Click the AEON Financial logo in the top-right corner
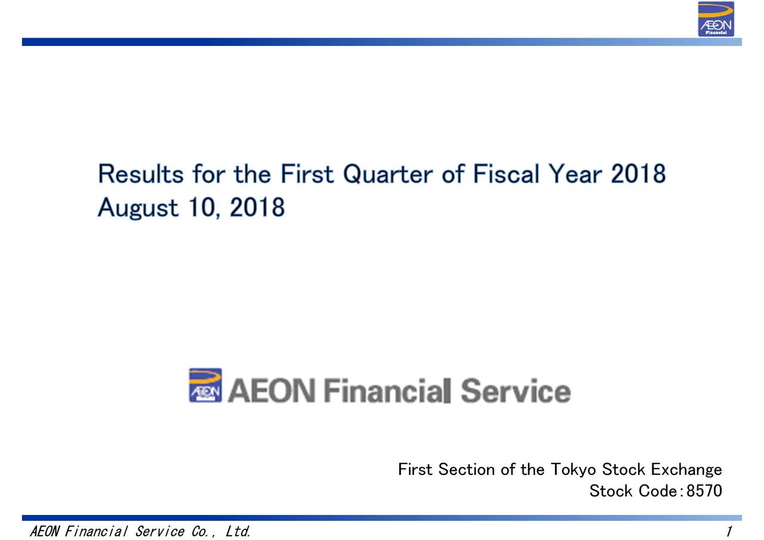coord(716,19)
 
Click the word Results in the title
coord(141,174)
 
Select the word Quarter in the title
coord(389,174)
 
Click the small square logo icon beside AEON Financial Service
coord(205,385)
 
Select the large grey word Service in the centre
coord(516,392)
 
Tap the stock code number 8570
coord(704,491)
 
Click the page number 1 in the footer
coord(729,532)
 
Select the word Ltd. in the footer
coord(238,532)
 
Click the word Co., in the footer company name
coord(205,532)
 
